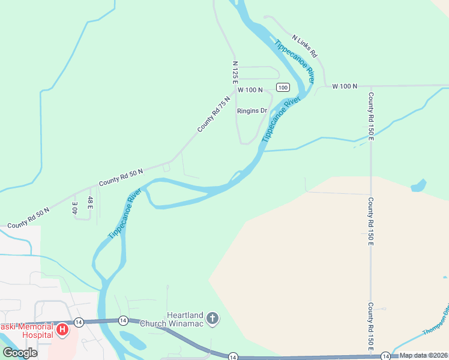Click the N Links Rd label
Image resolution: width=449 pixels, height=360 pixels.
(304, 46)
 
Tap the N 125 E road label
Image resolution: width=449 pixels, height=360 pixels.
(236, 71)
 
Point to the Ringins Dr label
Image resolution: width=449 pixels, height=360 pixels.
(252, 111)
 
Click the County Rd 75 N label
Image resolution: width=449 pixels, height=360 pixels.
(214, 114)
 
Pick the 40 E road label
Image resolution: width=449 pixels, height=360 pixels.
(75, 208)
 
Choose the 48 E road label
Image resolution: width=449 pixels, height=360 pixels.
(91, 202)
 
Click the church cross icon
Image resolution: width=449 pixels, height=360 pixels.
(212, 319)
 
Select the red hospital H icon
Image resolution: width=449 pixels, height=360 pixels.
(61, 329)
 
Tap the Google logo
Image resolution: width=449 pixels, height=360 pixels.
(20, 353)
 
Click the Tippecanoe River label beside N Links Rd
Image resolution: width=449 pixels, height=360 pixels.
(295, 62)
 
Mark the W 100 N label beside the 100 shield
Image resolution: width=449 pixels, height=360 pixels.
(250, 89)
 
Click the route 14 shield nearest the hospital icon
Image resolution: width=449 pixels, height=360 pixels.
(79, 322)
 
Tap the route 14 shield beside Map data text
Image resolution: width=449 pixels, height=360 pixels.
(384, 356)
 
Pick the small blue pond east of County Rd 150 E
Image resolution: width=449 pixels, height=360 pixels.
(418, 185)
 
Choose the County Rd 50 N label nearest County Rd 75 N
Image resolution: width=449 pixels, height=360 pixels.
(121, 176)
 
